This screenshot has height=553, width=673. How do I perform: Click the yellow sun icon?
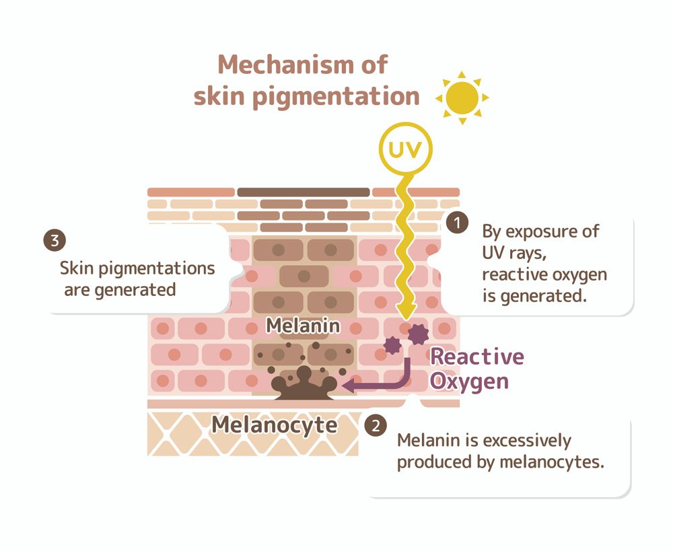click(x=462, y=98)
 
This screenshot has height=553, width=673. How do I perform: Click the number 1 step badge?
click(x=458, y=223)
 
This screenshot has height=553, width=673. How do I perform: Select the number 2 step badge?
click(x=375, y=425)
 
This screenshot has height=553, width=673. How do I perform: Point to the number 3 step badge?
click(x=53, y=240)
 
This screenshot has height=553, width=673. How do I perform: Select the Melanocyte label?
click(x=275, y=425)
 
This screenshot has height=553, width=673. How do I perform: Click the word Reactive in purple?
click(x=476, y=356)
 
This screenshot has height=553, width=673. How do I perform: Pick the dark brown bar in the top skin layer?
click(x=304, y=192)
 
